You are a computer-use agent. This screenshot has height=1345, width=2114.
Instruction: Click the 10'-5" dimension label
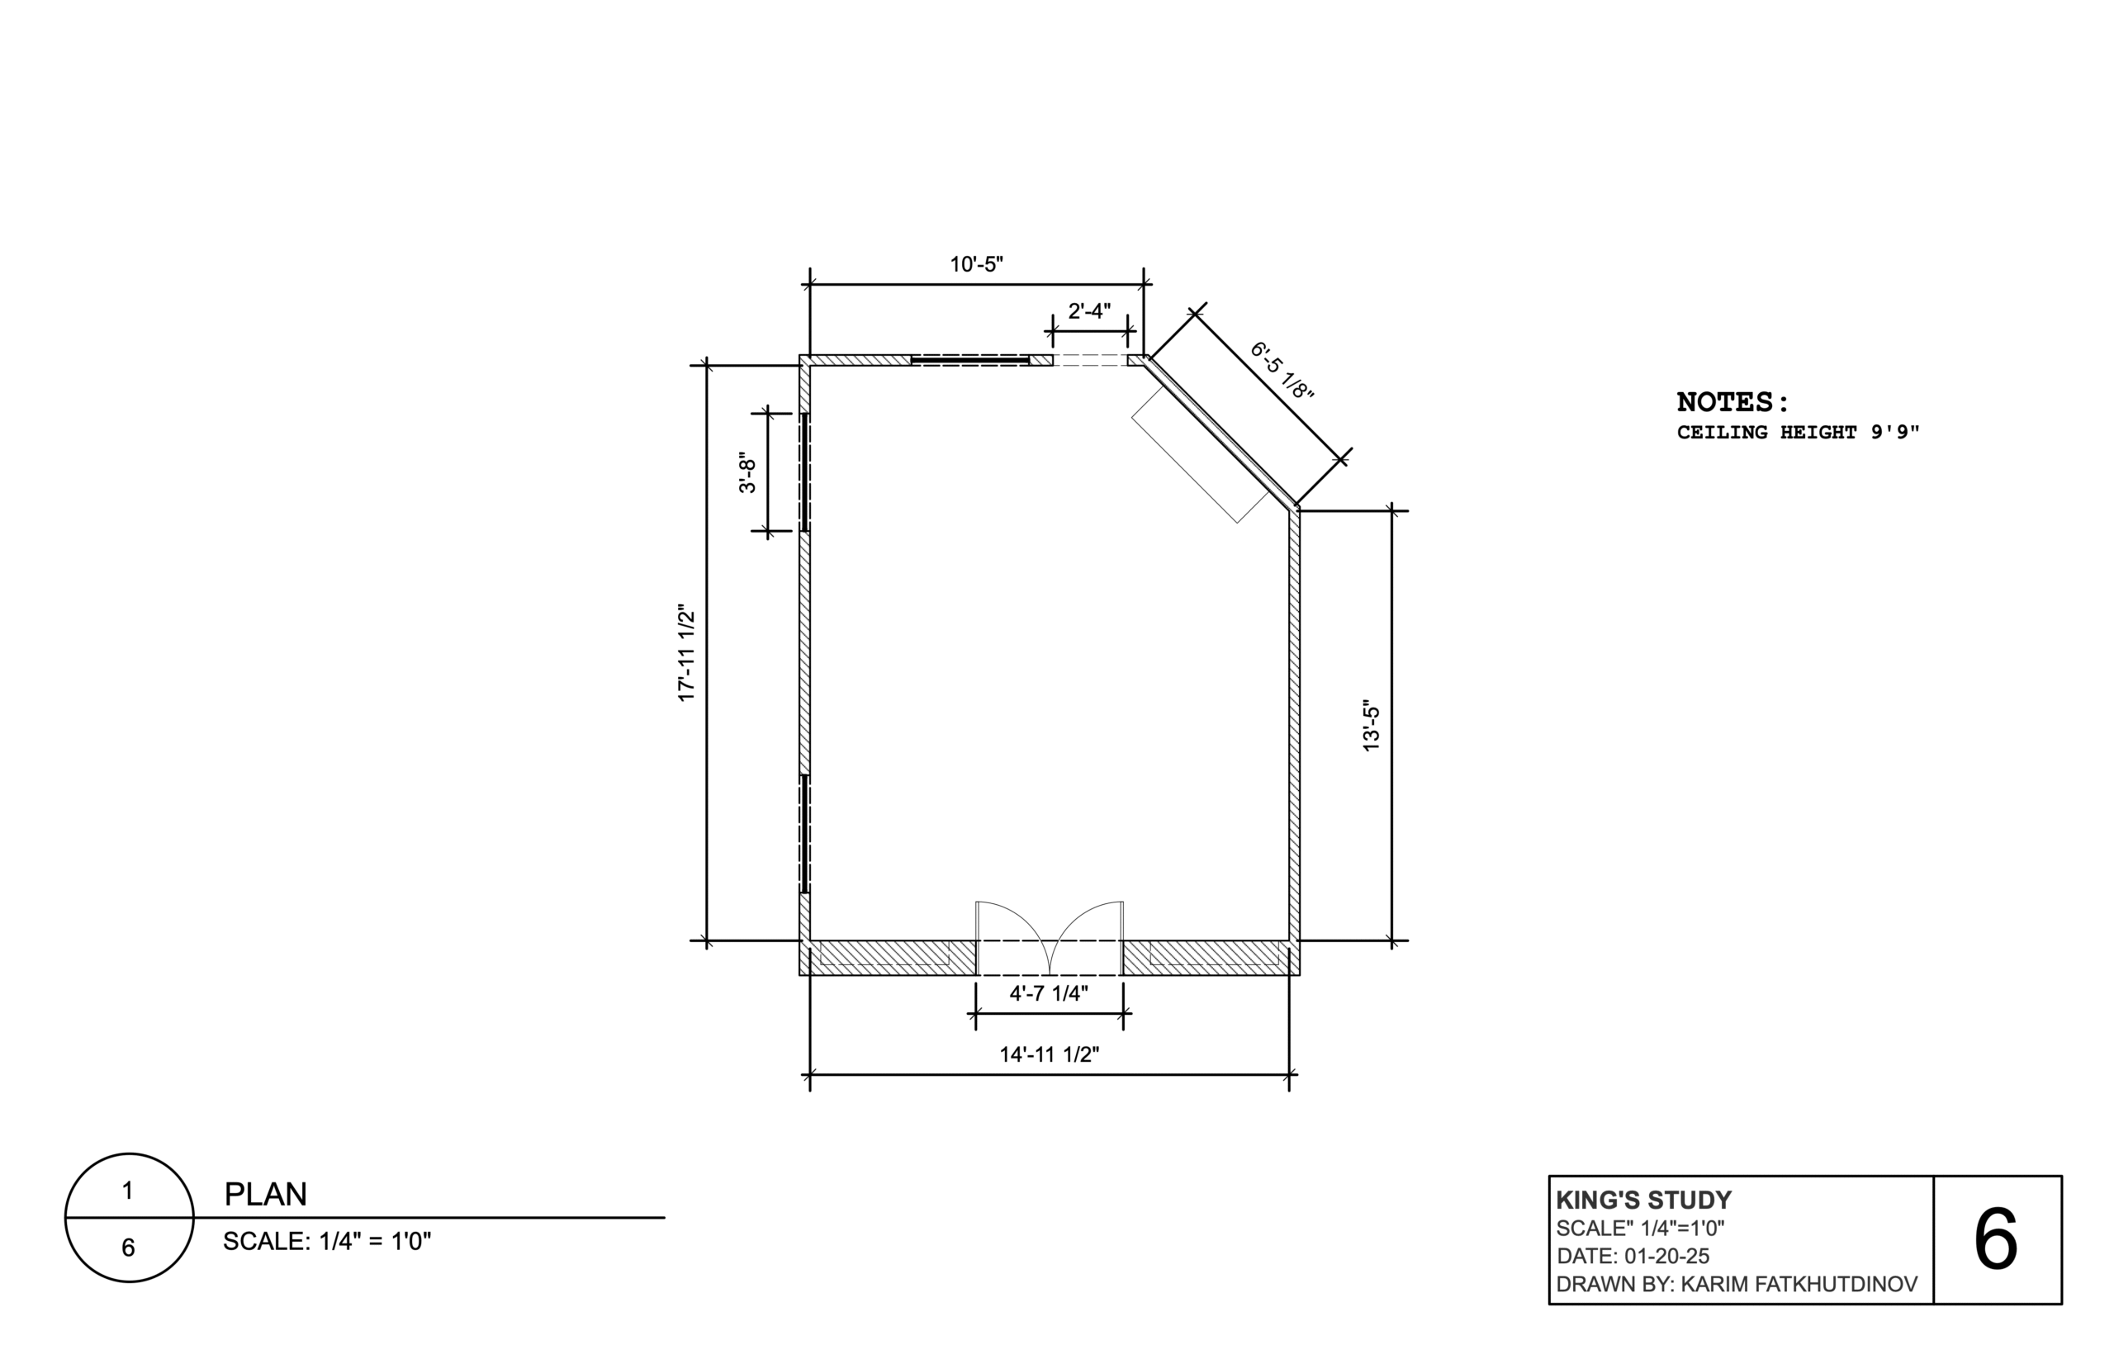(x=976, y=264)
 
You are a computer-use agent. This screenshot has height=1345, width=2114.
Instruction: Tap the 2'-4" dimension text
(x=1088, y=310)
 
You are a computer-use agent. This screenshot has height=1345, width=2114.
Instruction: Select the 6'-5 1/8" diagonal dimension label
(x=1282, y=372)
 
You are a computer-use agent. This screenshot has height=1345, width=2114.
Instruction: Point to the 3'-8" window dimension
(x=747, y=472)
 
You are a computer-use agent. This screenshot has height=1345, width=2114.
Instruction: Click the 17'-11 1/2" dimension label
(x=686, y=652)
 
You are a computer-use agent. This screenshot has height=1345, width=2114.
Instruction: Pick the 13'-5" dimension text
(x=1371, y=725)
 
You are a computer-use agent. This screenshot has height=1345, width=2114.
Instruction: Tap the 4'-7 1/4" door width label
(x=1048, y=993)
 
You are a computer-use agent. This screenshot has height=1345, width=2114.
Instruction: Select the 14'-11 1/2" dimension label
(x=1049, y=1054)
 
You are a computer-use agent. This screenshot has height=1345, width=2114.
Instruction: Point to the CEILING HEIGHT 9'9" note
(x=1798, y=432)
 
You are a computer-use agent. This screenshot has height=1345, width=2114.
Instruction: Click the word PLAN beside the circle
(x=265, y=1194)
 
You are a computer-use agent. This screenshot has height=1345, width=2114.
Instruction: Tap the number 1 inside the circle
(x=128, y=1191)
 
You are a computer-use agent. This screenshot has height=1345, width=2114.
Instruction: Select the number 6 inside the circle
(x=128, y=1248)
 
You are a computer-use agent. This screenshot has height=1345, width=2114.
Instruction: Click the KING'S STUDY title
(x=1643, y=1201)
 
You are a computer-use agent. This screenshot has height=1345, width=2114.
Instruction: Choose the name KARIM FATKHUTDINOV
(x=1799, y=1285)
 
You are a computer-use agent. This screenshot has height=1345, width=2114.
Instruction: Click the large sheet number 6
(x=1995, y=1239)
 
